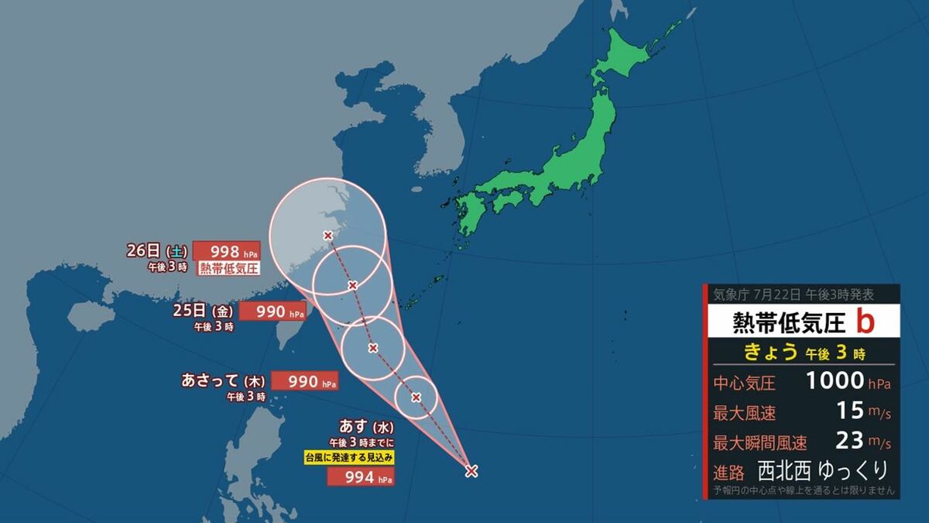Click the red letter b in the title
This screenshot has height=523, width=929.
[866, 321]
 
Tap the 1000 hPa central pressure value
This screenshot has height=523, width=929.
[835, 380]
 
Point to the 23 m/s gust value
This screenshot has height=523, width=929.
[849, 441]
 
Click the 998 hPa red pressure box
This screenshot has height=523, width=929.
[226, 251]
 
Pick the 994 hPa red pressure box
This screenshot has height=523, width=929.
[361, 478]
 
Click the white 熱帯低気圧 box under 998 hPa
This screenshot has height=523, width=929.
[229, 269]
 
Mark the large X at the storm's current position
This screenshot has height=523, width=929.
[471, 470]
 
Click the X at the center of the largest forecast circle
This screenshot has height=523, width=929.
[327, 236]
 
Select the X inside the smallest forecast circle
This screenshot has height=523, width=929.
[417, 397]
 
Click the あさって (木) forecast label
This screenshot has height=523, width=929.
[224, 380]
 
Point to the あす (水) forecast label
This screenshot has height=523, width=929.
[368, 425]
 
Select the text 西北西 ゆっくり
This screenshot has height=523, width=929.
[823, 470]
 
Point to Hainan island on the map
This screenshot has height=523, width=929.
[91, 315]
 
